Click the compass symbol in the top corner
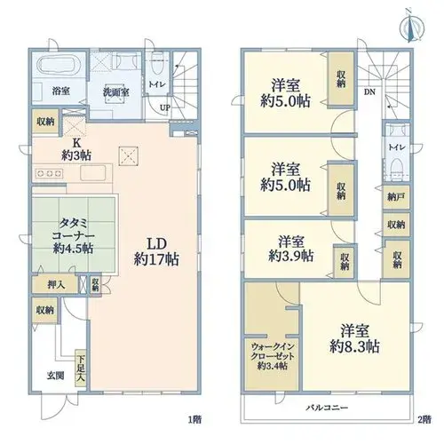pyautogui.click(x=412, y=28)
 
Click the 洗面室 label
pyautogui.click(x=115, y=92)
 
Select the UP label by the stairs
pyautogui.click(x=165, y=107)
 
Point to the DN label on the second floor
pyautogui.click(x=369, y=92)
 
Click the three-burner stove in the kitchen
pyautogui.click(x=49, y=173)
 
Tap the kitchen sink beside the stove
pyautogui.click(x=92, y=173)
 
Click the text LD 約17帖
pyautogui.click(x=156, y=252)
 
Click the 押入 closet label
pyautogui.click(x=56, y=285)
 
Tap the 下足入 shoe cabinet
pyautogui.click(x=80, y=368)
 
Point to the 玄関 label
pyautogui.click(x=55, y=376)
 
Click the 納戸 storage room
pyautogui.click(x=396, y=197)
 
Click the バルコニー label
pyautogui.click(x=327, y=408)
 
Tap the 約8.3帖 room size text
pyautogui.click(x=354, y=346)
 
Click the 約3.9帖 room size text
pyautogui.click(x=290, y=256)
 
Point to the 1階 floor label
pyautogui.click(x=195, y=419)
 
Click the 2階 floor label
pyautogui.click(x=424, y=419)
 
